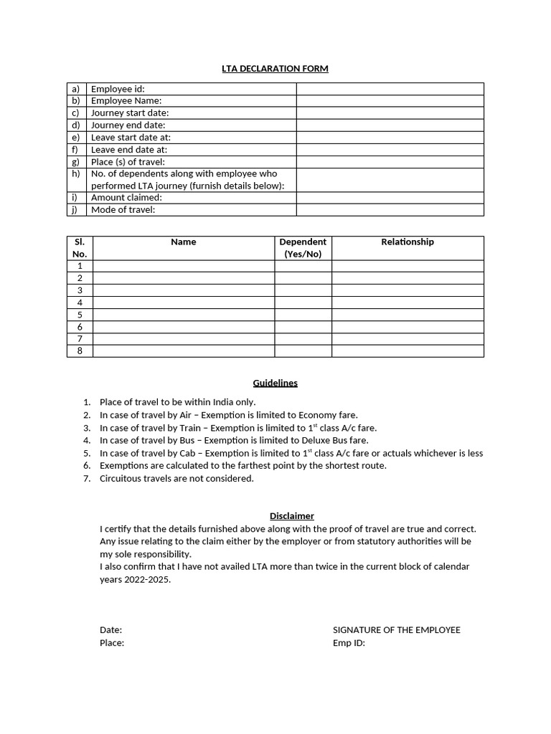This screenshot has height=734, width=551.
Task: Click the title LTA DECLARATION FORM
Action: coord(275,69)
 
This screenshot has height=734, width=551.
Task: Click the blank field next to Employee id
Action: coord(390,89)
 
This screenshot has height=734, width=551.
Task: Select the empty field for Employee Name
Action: coord(390,101)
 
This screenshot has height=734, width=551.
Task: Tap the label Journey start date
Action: coord(130,113)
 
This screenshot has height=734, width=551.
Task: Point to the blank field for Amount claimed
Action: coord(390,197)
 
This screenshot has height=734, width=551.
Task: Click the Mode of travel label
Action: coord(123,209)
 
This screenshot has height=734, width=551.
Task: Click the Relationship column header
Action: coord(408,242)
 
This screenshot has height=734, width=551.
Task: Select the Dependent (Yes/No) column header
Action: coord(303,248)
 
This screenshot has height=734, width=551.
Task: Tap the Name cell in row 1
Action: coord(184,266)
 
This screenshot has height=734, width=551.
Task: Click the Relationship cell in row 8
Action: coord(408,351)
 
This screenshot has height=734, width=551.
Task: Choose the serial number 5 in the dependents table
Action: coord(80,315)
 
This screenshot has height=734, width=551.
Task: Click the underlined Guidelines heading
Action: coord(275,383)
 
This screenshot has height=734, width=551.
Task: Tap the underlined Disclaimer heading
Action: coord(291,516)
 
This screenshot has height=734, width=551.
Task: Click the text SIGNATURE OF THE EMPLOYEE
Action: coord(397,630)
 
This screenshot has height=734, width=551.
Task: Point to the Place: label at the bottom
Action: coord(112,643)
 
